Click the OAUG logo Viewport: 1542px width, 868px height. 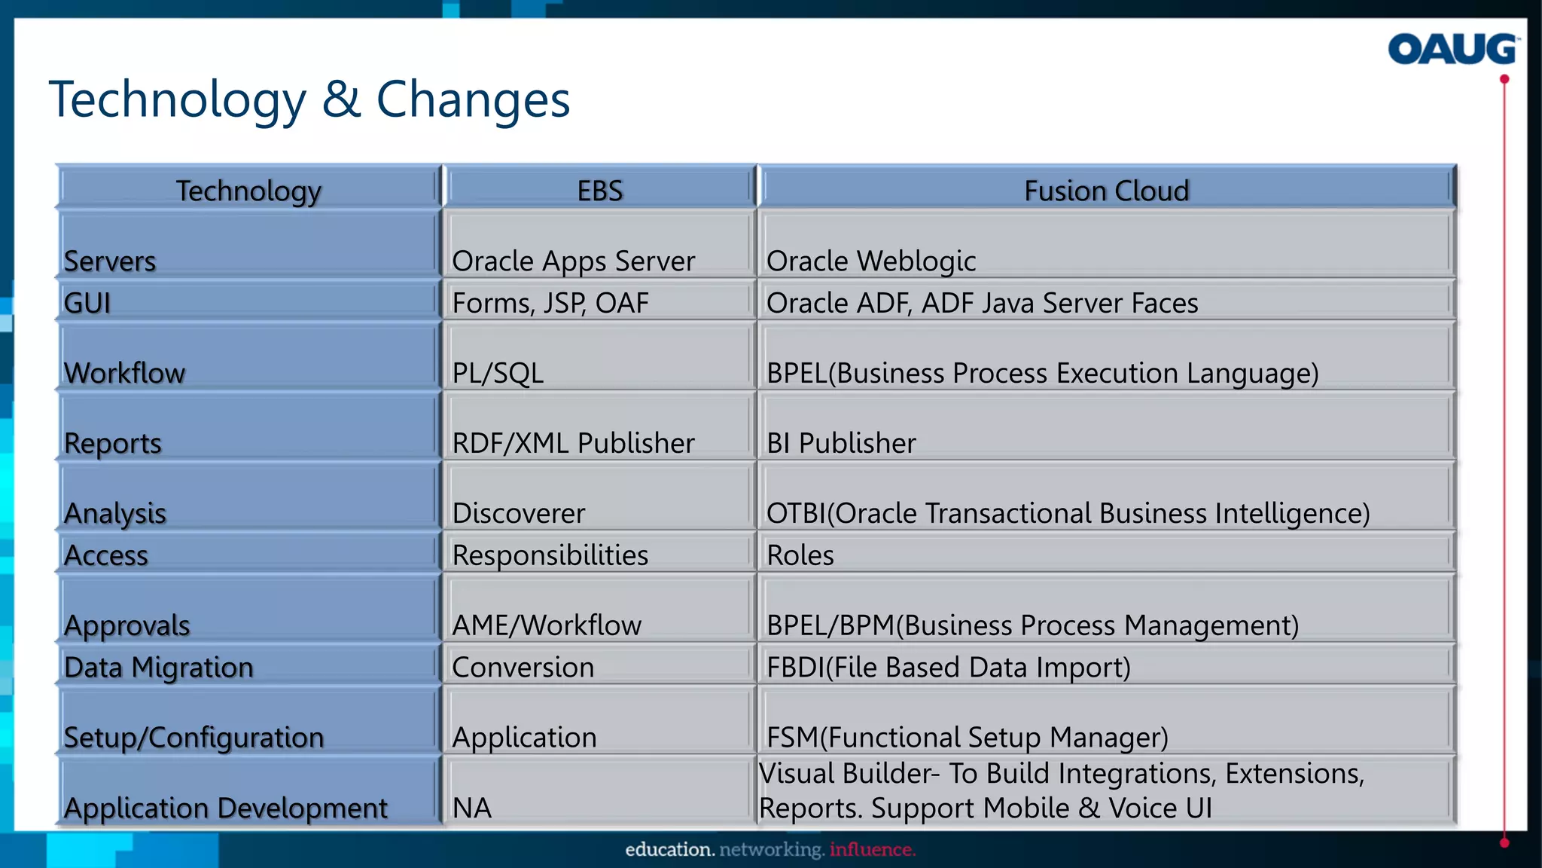tap(1452, 50)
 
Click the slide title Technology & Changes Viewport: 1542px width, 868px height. tap(309, 99)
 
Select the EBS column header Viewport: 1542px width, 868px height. tap(600, 190)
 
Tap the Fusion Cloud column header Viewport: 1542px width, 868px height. tap(1106, 190)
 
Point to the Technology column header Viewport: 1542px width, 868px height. tap(248, 190)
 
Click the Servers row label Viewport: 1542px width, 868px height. tap(110, 261)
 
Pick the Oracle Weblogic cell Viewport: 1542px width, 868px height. tap(871, 261)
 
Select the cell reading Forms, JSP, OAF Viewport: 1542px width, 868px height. tap(550, 303)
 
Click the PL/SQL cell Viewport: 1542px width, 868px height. tap(498, 373)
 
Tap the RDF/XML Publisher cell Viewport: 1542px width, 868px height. tap(573, 443)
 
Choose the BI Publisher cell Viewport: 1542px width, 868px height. tap(841, 443)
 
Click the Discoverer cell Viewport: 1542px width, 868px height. tap(518, 513)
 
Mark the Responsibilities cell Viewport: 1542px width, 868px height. tap(550, 555)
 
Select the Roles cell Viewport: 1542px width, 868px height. tap(800, 555)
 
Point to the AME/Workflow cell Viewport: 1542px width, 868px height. tap(547, 625)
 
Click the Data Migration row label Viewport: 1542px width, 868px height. tap(159, 668)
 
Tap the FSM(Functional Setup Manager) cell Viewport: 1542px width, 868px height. tap(968, 737)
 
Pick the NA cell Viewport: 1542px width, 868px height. tap(472, 808)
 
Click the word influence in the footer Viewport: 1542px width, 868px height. tap(872, 850)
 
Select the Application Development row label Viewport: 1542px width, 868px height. tap(226, 808)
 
